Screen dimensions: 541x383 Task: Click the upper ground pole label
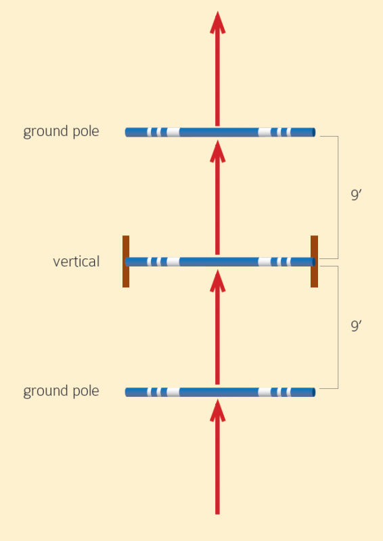[61, 131]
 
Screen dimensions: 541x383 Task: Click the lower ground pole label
[61, 391]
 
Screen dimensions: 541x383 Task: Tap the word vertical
[76, 261]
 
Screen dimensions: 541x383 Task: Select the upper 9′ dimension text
[356, 196]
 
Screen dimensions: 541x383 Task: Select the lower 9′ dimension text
[356, 326]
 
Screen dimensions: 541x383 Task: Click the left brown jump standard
[126, 261]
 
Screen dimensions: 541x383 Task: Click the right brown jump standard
[314, 261]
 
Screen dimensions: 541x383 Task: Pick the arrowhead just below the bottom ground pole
[217, 409]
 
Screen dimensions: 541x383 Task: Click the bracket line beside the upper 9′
[338, 196]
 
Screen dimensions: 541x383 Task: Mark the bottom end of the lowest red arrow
[217, 512]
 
